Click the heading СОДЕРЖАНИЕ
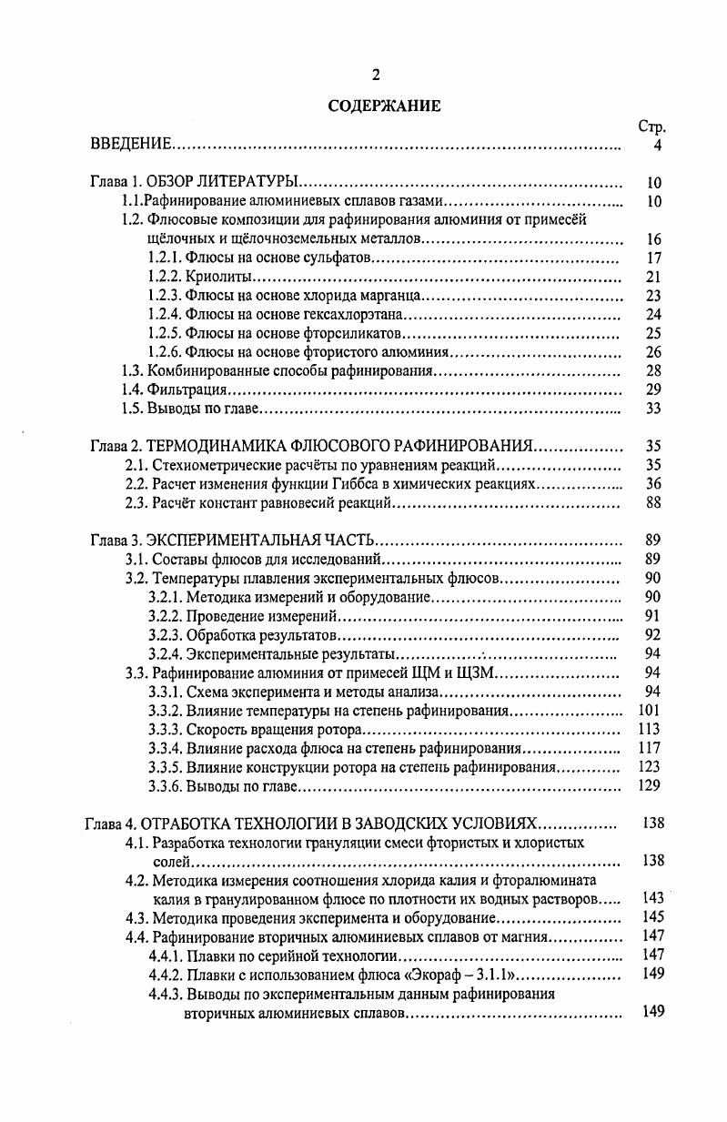384,106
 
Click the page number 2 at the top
376,75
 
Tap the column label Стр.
652,126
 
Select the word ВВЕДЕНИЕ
131,145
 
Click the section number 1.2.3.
164,296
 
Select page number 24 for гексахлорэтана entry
652,315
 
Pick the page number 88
652,502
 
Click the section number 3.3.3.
164,729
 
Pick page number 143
651,898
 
